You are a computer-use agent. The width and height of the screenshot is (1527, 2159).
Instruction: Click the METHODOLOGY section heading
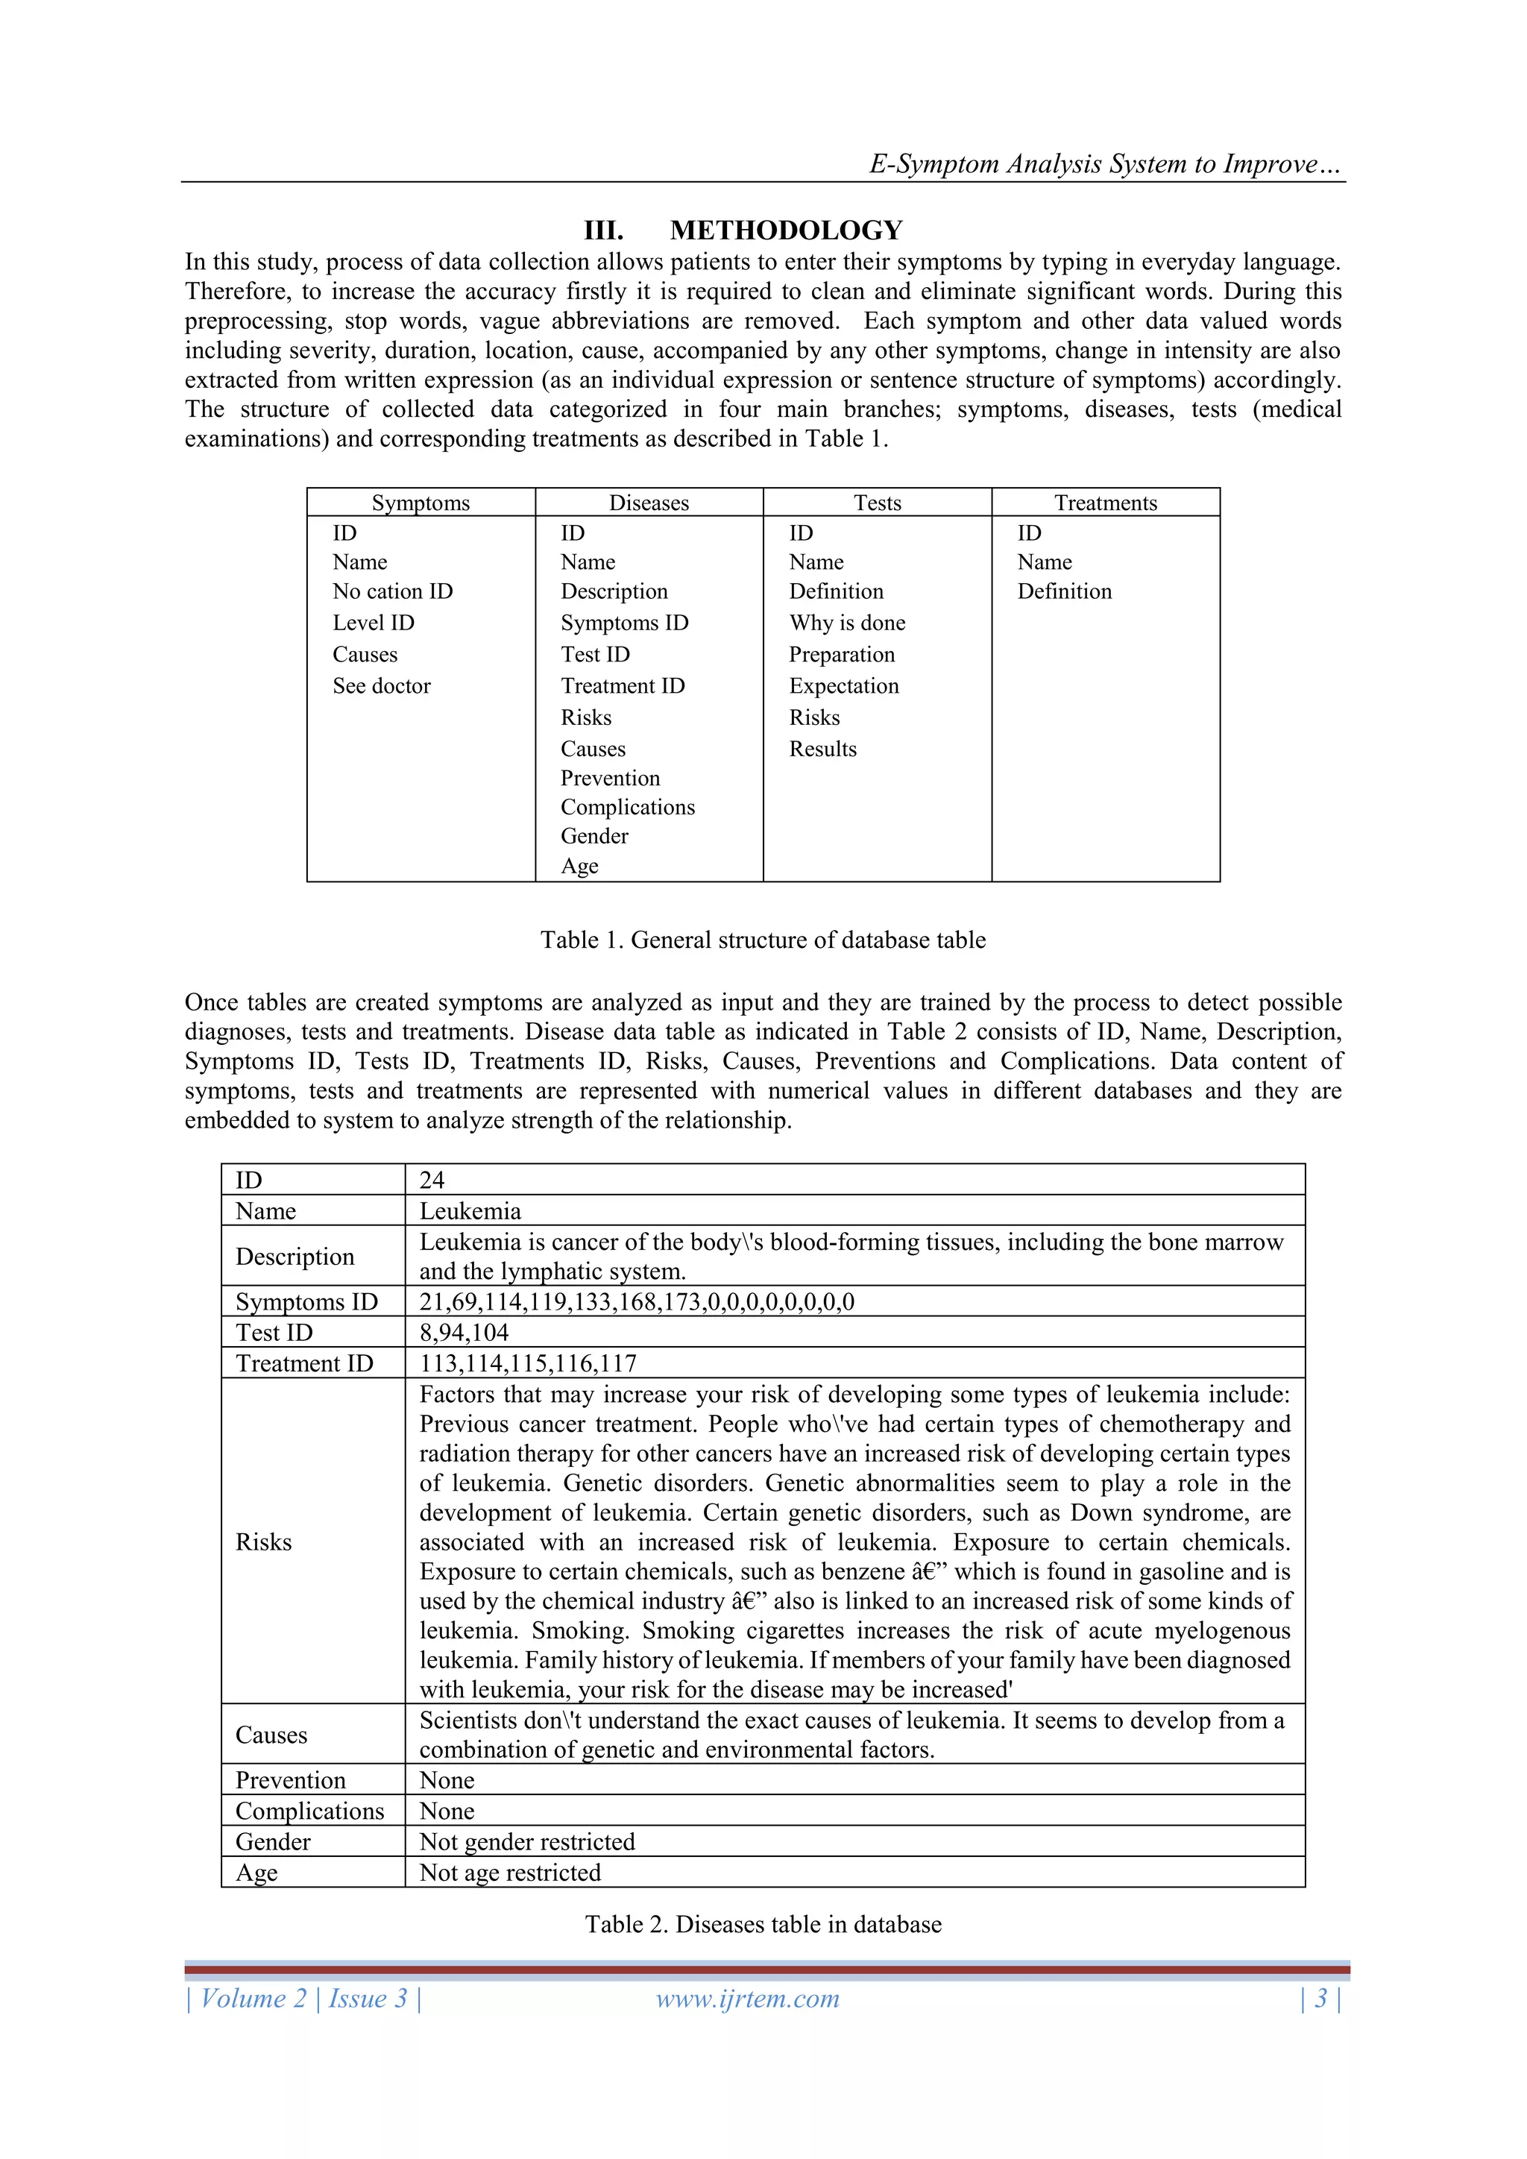pyautogui.click(x=785, y=230)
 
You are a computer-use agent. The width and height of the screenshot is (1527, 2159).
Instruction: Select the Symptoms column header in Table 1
pyautogui.click(x=421, y=503)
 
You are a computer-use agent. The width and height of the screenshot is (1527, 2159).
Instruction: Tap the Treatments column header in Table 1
pyautogui.click(x=1105, y=503)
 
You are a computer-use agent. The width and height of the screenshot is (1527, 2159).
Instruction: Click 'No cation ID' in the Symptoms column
pyautogui.click(x=392, y=591)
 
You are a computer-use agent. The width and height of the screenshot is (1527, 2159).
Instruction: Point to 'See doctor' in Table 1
pyautogui.click(x=381, y=686)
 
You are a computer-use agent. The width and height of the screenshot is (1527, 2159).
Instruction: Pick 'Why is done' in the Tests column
pyautogui.click(x=846, y=623)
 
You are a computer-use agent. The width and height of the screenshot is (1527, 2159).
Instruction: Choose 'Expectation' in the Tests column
pyautogui.click(x=843, y=686)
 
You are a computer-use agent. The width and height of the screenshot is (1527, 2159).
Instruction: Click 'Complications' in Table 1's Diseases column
pyautogui.click(x=627, y=808)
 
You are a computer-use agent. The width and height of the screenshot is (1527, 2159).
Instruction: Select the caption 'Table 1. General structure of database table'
pyautogui.click(x=763, y=940)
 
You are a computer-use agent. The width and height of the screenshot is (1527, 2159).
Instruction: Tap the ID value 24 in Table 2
pyautogui.click(x=432, y=1180)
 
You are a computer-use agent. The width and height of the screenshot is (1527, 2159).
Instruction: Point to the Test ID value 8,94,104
pyautogui.click(x=464, y=1333)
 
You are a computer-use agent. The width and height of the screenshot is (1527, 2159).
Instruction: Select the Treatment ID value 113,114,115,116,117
pyautogui.click(x=527, y=1363)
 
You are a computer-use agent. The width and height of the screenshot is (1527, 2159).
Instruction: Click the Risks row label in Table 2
pyautogui.click(x=263, y=1542)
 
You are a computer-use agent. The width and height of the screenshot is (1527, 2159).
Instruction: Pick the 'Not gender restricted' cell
pyautogui.click(x=526, y=1841)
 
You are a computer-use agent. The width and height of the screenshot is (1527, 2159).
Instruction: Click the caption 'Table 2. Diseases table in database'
pyautogui.click(x=763, y=1925)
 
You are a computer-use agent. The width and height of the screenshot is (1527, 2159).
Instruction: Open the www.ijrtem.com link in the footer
pyautogui.click(x=748, y=1999)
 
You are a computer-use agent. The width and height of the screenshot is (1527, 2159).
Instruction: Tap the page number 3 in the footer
pyautogui.click(x=1320, y=1999)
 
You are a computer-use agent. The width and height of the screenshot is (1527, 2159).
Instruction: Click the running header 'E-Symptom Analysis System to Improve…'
pyautogui.click(x=1105, y=165)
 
